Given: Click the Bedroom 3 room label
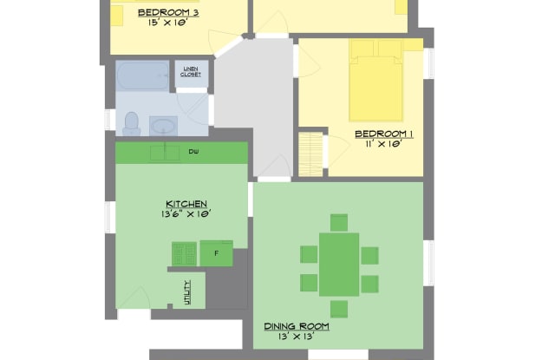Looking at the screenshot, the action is pos(168,13).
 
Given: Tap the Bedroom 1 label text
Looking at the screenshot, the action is pos(384,134).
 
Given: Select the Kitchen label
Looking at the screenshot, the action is pos(186,204).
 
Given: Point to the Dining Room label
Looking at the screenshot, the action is pos(297,326).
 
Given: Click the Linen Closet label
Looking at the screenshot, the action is pos(191,72).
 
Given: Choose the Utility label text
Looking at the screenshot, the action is pos(187,292).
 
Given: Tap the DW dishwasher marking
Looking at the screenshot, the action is pos(193,152).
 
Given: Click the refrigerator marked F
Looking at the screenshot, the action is pos(216,253).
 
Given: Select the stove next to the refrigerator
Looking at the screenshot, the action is pos(184,254).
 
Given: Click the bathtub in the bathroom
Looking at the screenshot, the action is pos(142,76).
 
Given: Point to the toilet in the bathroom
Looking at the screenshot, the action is pos(131,123).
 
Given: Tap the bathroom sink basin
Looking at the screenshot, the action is pos(163,126).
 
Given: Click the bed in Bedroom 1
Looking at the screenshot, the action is pos(375,81).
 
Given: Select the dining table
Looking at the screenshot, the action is pos(339,265).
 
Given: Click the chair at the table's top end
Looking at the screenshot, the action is pos(339,223).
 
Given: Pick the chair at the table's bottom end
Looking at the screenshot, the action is pos(339,309).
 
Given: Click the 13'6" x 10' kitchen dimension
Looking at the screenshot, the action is pos(186,213).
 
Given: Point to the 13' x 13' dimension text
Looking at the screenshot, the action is pos(297,337).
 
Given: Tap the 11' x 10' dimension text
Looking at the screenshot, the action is pos(384,144).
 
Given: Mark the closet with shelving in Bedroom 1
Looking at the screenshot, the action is pos(310,154).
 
